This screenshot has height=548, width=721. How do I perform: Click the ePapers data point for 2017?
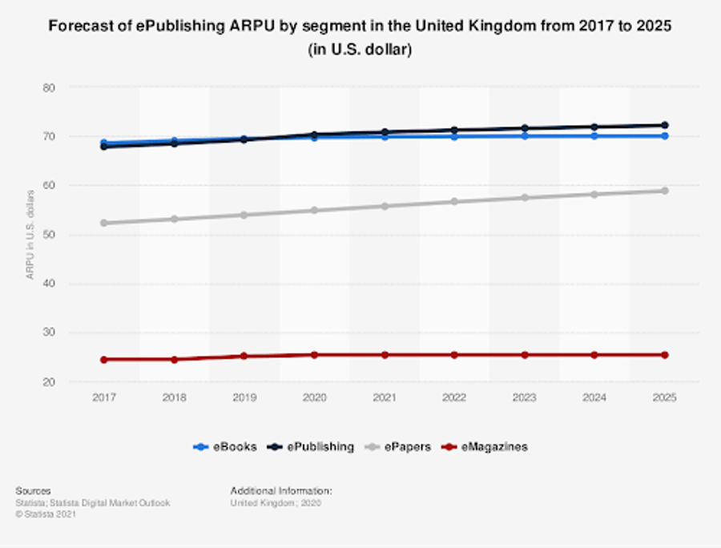[104, 223]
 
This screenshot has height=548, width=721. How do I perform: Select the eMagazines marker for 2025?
[664, 355]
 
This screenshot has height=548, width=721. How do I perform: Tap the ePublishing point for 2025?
[664, 125]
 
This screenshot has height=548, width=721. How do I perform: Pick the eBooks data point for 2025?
[664, 136]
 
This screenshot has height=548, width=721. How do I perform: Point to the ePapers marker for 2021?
[385, 206]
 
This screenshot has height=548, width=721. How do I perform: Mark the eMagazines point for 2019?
[244, 356]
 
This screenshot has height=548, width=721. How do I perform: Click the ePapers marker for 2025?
[664, 191]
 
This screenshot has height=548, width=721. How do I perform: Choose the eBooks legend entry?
[225, 447]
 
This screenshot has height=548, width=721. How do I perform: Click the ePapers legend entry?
[405, 447]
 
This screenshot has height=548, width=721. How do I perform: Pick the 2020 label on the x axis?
[314, 398]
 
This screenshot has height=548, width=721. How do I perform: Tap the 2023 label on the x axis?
[524, 398]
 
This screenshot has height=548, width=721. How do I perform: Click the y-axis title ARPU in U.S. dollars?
[30, 235]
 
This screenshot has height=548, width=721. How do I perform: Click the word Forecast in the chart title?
[79, 26]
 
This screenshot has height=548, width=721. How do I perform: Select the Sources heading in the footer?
[33, 490]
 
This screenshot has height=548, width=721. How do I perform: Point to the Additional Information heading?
[281, 490]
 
